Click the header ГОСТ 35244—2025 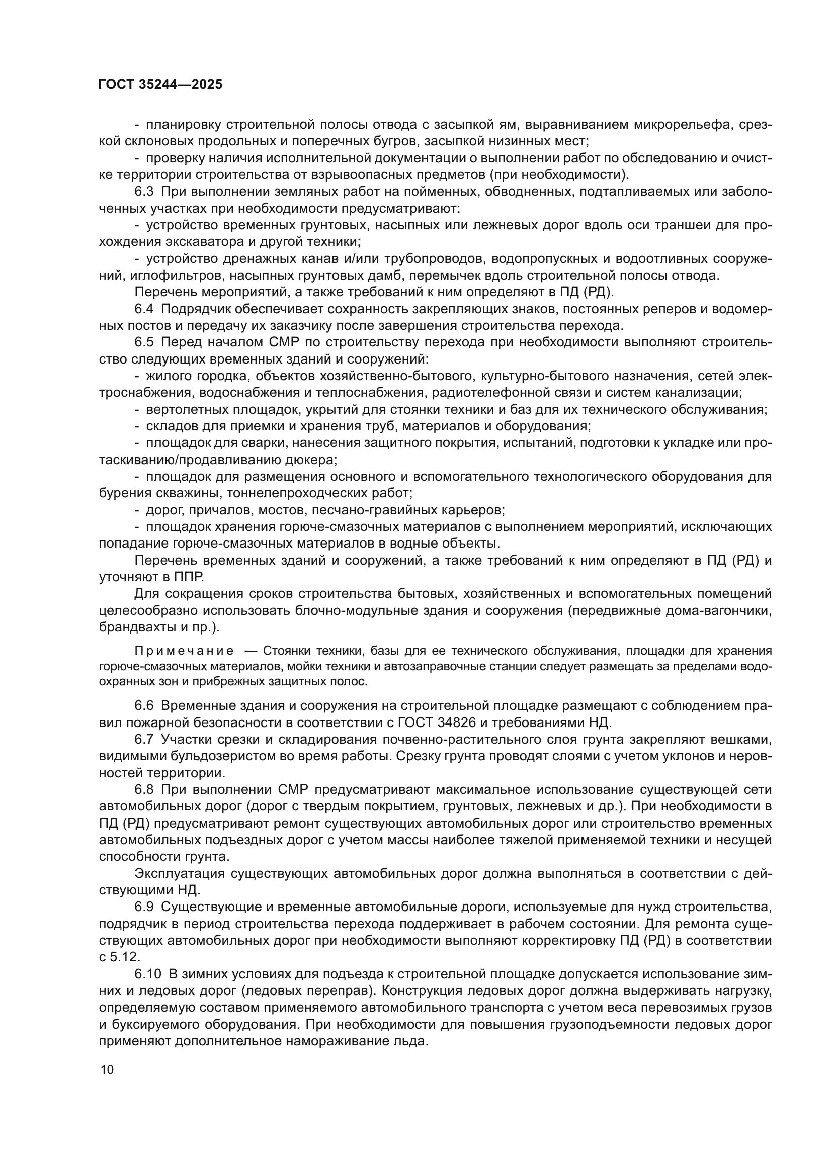tap(160, 85)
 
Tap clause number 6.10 tap(147, 974)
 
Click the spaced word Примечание tap(185, 651)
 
